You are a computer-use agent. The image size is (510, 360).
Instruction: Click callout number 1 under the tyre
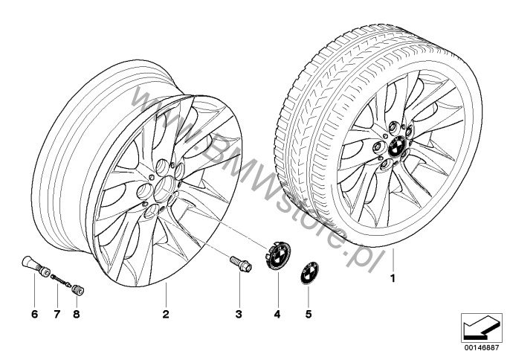pos(393,279)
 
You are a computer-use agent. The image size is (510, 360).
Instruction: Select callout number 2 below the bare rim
pos(166,314)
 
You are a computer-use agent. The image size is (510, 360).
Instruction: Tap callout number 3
pos(239,314)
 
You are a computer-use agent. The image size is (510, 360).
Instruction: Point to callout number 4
pos(277,314)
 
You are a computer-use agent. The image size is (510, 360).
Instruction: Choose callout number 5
pos(309,314)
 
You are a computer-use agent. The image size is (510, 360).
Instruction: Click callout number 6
pos(34,314)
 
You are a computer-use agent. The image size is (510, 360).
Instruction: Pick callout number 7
pos(57,314)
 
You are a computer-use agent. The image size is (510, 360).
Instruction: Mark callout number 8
pos(77,314)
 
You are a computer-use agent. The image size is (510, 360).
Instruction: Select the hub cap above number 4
pos(277,255)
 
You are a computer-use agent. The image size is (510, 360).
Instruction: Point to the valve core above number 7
pos(61,280)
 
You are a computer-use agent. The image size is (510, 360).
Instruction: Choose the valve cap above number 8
pos(78,289)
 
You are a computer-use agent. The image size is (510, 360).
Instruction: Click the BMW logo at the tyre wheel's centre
pos(397,146)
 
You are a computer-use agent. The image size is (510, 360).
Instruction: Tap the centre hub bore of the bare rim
pos(165,189)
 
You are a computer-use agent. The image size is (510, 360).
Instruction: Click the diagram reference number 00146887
pos(481,347)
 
